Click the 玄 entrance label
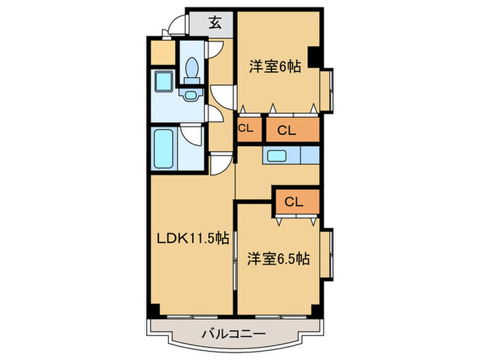coord(215,23)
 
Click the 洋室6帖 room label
coord(274,67)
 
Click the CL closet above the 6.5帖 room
coord(295,201)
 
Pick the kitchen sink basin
coord(278,156)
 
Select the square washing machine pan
coord(163,82)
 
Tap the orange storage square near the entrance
coord(163,53)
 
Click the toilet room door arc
coord(215,50)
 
